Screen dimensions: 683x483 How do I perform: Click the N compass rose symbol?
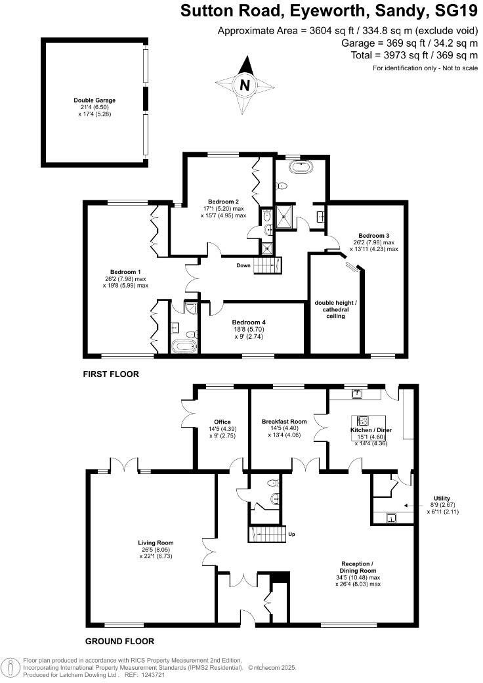(x=245, y=83)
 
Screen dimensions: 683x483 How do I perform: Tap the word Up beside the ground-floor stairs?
(x=291, y=534)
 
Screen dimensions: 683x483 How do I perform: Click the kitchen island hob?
(x=363, y=420)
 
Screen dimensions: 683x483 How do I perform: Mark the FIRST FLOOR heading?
(x=110, y=374)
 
